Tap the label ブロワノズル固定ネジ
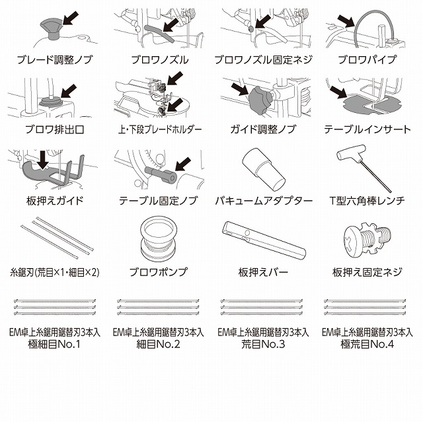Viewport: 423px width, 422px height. click(263, 59)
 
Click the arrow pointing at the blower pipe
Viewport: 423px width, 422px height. click(346, 20)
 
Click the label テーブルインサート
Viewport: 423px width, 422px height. click(367, 129)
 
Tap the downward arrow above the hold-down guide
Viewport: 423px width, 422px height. click(42, 160)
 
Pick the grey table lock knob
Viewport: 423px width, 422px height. click(161, 174)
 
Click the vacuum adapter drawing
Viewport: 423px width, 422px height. click(263, 169)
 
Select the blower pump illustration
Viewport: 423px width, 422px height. click(159, 239)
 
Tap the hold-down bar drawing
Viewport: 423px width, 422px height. click(264, 240)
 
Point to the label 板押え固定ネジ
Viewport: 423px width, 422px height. click(367, 272)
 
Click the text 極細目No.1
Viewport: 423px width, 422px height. click(54, 344)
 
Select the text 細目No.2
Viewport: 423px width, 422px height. click(158, 344)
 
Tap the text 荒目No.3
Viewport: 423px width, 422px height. click(263, 344)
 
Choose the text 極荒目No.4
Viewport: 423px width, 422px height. click(367, 344)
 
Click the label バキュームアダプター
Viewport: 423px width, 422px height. click(264, 201)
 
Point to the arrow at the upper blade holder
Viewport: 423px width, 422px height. click(174, 78)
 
